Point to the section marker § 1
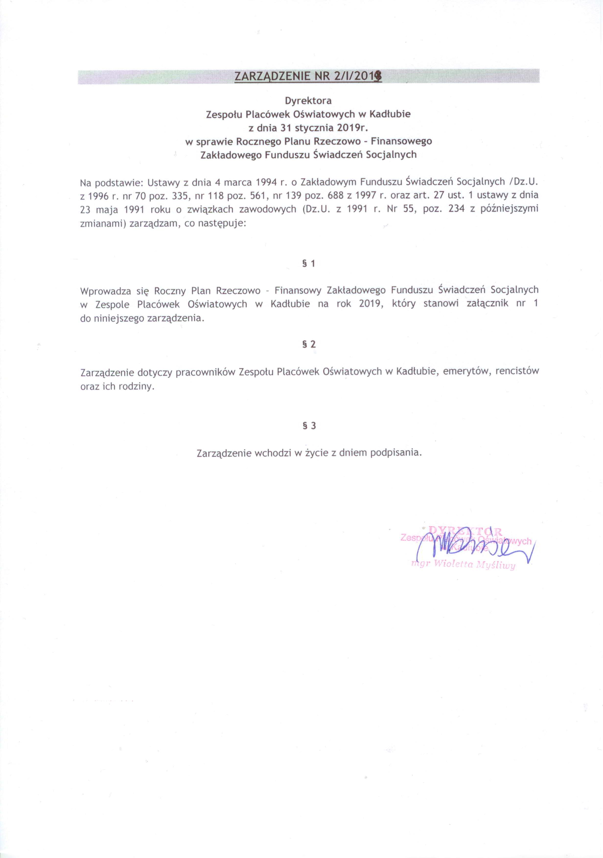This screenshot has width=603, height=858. point(309,264)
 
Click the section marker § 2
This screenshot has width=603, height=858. point(309,344)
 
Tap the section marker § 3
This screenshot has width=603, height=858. point(309,425)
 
